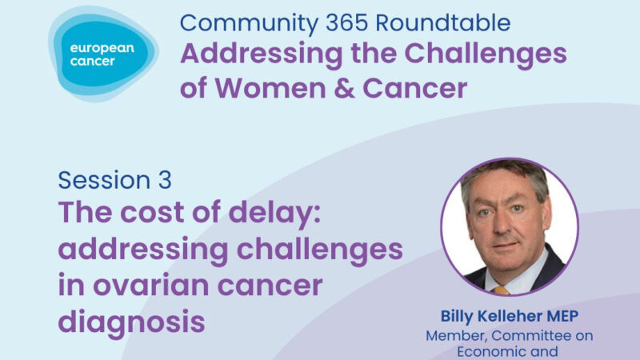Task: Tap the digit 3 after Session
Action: click(x=163, y=180)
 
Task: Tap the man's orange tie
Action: click(x=501, y=289)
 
